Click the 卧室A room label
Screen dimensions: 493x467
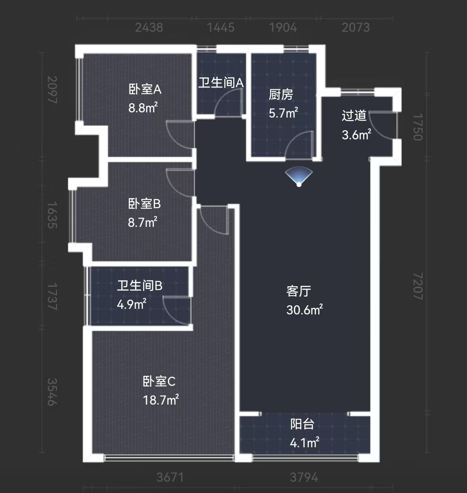tap(145, 90)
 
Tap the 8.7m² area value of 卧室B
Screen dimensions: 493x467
tap(142, 223)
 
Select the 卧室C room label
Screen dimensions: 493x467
tap(159, 382)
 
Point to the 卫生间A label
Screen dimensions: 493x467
tap(221, 83)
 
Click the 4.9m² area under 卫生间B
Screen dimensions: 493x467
tap(131, 304)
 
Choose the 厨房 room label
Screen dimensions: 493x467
tap(281, 95)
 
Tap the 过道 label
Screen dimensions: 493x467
tap(354, 116)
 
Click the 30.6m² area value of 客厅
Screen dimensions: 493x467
tap(304, 310)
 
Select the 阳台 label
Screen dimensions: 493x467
tap(302, 424)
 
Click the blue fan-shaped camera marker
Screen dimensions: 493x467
tap(299, 176)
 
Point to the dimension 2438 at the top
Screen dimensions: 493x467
tap(149, 28)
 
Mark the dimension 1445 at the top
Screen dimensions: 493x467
tap(221, 28)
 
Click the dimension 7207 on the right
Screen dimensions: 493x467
tap(417, 286)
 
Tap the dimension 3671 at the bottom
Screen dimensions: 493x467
tap(170, 477)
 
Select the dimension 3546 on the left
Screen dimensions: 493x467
tap(52, 392)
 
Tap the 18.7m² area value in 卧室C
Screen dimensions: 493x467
tap(161, 400)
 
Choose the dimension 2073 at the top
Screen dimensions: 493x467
tap(356, 28)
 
